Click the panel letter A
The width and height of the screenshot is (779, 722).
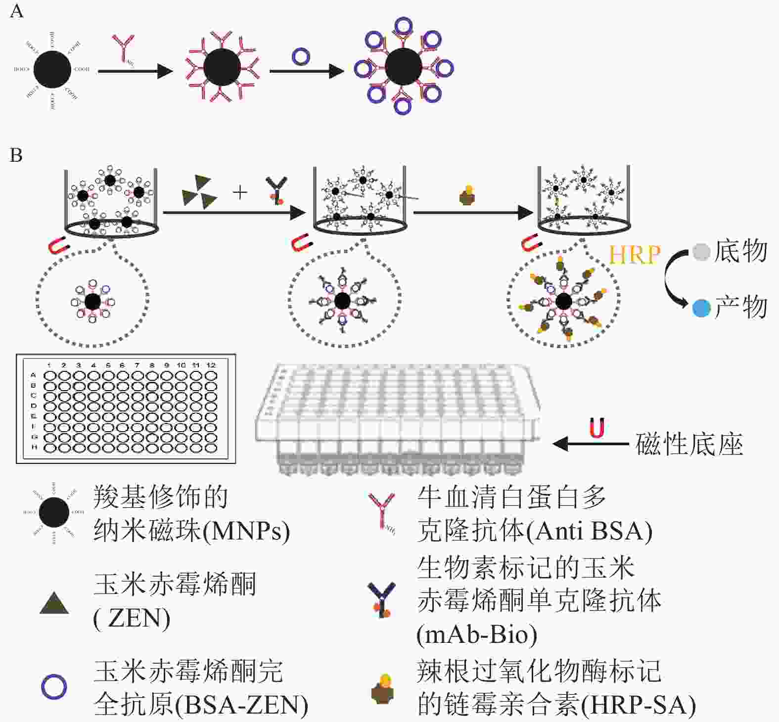point(16,10)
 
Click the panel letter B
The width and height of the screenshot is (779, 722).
point(16,155)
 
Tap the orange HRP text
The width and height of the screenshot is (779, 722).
point(635,255)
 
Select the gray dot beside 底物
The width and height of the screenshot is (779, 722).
point(701,252)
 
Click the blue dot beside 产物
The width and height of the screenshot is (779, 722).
point(701,308)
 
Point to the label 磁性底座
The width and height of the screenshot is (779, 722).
point(689,444)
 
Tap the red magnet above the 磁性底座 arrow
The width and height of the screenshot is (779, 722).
point(597,428)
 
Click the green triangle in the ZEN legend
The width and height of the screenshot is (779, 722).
point(54,604)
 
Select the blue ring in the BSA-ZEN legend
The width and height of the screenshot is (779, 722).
point(54,687)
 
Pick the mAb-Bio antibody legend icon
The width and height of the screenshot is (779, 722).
point(382,600)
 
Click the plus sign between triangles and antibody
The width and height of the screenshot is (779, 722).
point(240,192)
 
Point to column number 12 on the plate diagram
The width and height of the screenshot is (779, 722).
point(211,365)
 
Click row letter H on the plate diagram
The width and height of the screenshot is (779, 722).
point(34,447)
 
